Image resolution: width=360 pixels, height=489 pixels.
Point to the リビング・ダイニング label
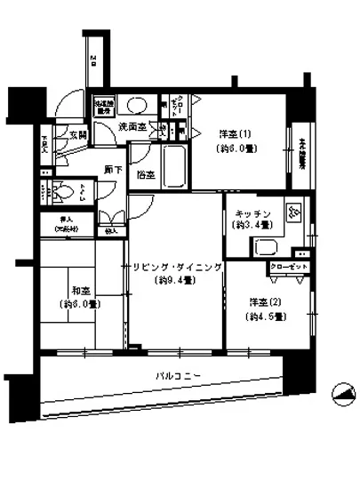pyautogui.click(x=172, y=267)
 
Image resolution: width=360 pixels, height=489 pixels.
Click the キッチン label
pyautogui.click(x=252, y=214)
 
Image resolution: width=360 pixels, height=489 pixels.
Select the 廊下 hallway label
pyautogui.click(x=112, y=169)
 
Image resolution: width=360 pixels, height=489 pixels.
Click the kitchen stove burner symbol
pyautogui.click(x=292, y=213)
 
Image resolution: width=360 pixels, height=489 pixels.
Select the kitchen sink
pyautogui.click(x=266, y=248)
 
